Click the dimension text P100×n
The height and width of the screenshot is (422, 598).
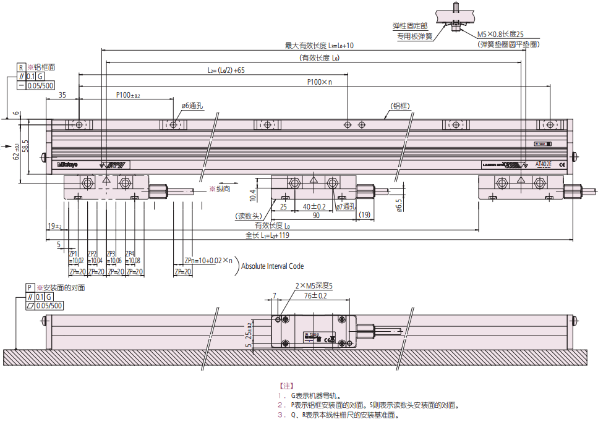click(320, 82)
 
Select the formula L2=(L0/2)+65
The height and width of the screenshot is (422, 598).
click(226, 70)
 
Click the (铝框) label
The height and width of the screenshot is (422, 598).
click(400, 106)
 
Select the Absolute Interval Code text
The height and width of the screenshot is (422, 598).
click(273, 266)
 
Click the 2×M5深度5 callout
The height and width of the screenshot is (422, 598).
click(314, 286)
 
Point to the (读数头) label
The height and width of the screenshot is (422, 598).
click(249, 217)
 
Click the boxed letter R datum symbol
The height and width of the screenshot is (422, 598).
click(20, 67)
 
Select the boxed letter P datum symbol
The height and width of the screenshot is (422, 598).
click(29, 288)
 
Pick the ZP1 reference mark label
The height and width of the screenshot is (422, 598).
click(73, 253)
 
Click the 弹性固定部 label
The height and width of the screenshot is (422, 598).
click(410, 26)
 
